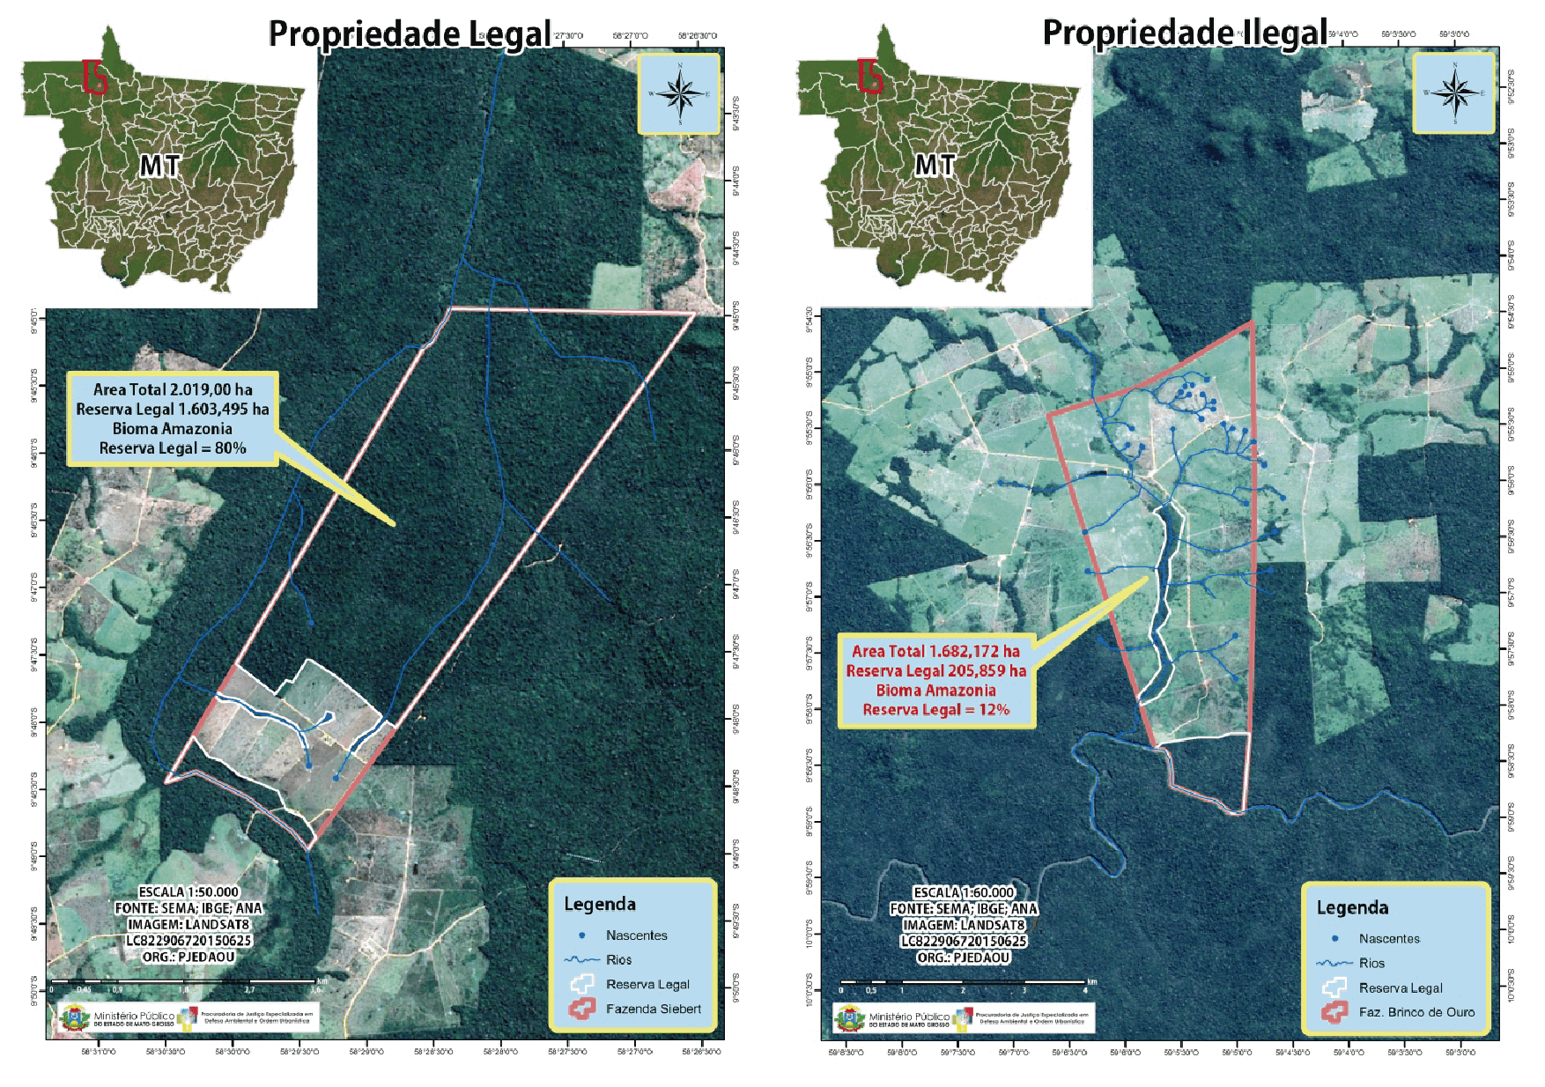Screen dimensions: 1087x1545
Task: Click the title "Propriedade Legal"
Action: coord(410,34)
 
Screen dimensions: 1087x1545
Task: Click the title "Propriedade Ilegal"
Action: coord(1185,33)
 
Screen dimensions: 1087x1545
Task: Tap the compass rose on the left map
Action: coord(679,93)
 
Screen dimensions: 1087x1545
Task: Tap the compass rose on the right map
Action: coord(1454,92)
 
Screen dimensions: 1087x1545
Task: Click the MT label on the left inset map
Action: coord(159,166)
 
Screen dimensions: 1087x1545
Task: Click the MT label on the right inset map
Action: coord(935,165)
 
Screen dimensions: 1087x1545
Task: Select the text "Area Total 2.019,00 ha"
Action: coord(173,389)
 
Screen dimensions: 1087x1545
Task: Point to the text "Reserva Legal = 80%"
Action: coord(173,448)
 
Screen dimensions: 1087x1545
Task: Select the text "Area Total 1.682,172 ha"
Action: coord(935,651)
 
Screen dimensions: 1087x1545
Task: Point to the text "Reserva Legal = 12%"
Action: coord(935,710)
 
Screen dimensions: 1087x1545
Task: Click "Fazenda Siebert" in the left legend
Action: coord(653,1009)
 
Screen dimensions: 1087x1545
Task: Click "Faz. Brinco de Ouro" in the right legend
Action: coord(1416,1012)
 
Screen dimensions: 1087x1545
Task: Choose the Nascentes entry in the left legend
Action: coord(636,935)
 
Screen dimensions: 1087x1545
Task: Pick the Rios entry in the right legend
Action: coord(1371,964)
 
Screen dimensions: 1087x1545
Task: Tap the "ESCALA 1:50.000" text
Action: coord(189,892)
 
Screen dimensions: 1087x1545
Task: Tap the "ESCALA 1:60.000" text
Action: coord(964,892)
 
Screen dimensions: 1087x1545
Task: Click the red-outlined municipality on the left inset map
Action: coord(94,77)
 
